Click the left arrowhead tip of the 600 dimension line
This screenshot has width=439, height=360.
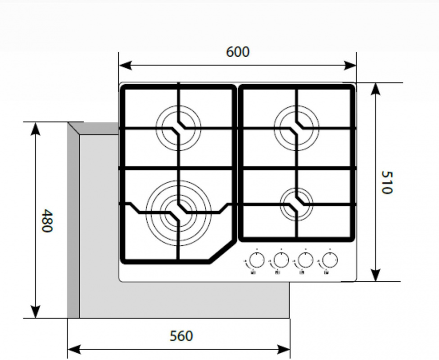coord(119,65)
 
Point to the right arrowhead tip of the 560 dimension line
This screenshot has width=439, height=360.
coord(290,349)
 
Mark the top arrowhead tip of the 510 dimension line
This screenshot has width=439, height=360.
coord(376,83)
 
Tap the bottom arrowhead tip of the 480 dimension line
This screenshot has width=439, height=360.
coord(35,318)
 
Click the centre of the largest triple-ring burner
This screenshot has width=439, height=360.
coord(178,213)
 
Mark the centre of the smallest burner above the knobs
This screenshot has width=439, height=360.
coord(296,204)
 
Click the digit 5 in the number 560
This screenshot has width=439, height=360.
coord(174,336)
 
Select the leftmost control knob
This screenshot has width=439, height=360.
coord(257,261)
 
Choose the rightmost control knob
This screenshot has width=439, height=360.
coord(330,261)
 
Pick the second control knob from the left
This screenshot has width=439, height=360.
coord(281,261)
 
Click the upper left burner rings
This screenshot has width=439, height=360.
coord(178,128)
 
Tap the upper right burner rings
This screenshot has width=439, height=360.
coord(296,128)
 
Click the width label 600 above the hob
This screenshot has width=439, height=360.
coord(237,52)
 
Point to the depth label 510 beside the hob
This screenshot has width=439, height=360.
coord(387,182)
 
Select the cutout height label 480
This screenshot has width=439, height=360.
coord(46,220)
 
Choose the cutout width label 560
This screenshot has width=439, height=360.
coord(181,336)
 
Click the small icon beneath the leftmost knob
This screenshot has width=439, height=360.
coord(253,272)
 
